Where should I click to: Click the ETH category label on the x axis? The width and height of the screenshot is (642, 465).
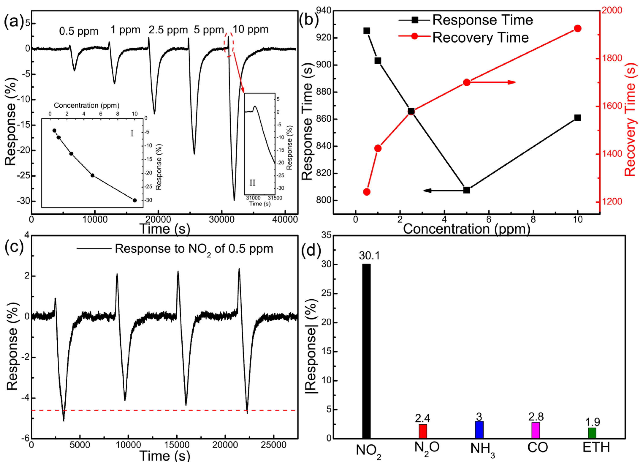click(x=596, y=447)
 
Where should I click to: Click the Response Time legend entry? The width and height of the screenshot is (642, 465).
click(x=465, y=20)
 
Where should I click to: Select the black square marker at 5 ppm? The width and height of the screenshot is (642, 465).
click(x=467, y=190)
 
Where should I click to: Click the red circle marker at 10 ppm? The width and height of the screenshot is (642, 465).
click(x=578, y=29)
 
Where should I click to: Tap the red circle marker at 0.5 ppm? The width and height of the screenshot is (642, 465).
click(x=367, y=192)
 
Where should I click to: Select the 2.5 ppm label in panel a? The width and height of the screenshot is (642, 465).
click(x=168, y=30)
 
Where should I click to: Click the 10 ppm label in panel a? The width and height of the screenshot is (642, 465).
click(x=250, y=29)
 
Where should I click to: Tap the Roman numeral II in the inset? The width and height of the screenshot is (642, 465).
click(x=252, y=183)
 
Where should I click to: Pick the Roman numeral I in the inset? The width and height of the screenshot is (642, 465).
click(x=132, y=133)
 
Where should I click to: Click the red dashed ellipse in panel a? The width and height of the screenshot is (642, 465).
click(x=229, y=44)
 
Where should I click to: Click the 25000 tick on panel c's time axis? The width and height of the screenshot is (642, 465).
click(x=274, y=445)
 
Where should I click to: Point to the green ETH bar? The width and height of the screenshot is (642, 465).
click(x=592, y=433)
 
